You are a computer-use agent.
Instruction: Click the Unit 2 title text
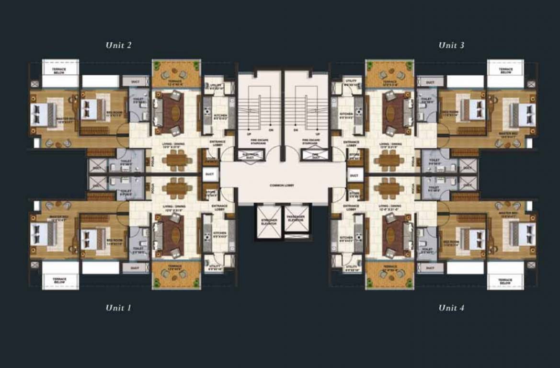118,46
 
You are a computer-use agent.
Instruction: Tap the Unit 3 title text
451,46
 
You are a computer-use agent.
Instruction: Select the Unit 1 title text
118,308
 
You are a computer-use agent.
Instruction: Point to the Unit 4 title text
451,308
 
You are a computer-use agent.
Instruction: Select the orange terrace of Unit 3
389,74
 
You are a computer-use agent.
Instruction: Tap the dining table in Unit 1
176,188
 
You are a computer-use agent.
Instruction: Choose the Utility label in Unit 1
215,268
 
